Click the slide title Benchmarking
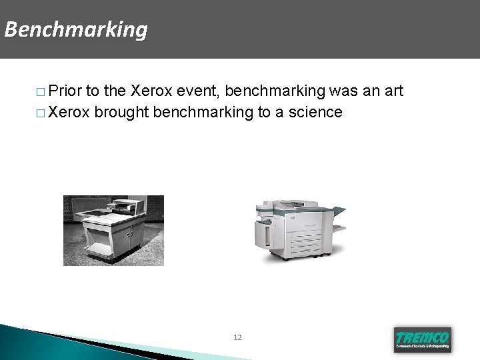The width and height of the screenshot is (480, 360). (75, 30)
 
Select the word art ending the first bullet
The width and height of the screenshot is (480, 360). (392, 91)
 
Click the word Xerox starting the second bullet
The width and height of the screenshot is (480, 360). (70, 112)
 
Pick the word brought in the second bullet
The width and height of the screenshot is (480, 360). (121, 112)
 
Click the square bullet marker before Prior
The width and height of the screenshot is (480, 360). (41, 92)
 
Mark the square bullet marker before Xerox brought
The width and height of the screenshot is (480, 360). (41, 113)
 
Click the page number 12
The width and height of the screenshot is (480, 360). (238, 338)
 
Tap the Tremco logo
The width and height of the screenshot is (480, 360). (421, 338)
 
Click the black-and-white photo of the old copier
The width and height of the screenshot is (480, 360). (113, 230)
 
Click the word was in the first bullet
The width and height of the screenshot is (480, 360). (341, 91)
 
